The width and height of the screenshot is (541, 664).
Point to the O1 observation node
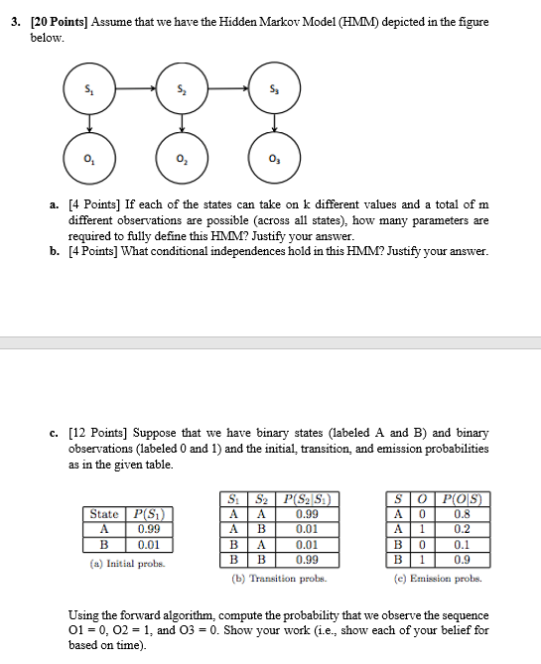(89, 160)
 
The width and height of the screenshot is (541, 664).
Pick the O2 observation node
(182, 160)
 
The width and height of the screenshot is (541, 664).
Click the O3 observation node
(273, 160)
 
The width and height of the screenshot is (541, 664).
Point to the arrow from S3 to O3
(273, 125)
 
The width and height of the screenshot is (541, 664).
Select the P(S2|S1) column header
(307, 500)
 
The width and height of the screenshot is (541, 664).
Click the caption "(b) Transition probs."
(281, 578)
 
